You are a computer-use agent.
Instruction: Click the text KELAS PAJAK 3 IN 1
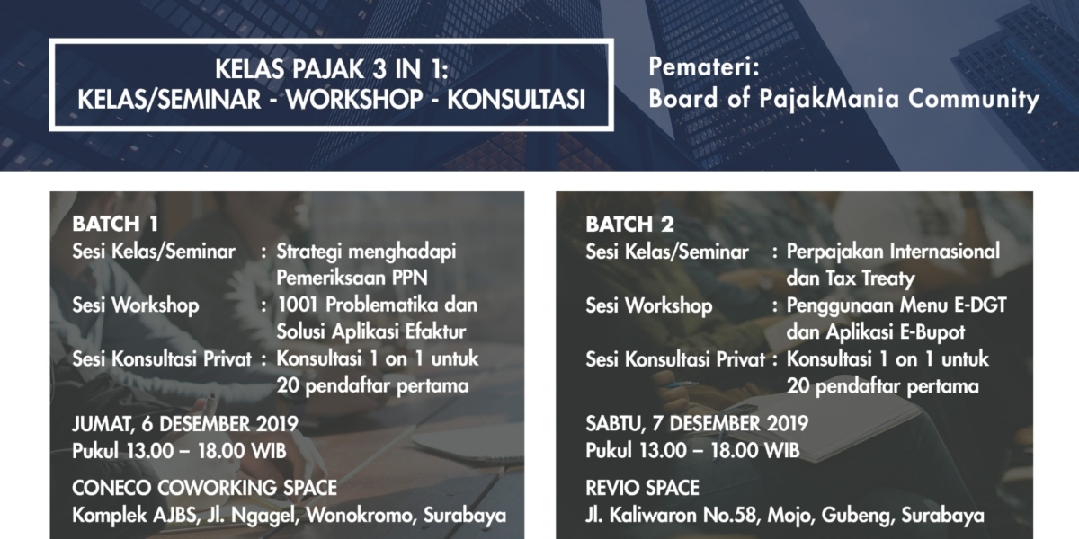pyautogui.click(x=332, y=68)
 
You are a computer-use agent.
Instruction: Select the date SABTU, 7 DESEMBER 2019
pyautogui.click(x=697, y=423)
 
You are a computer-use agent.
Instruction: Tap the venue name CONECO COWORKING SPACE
pyautogui.click(x=204, y=489)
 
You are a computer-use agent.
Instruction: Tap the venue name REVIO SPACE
pyautogui.click(x=642, y=489)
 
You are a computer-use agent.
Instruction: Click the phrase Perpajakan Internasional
pyautogui.click(x=893, y=252)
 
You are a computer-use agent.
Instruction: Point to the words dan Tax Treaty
pyautogui.click(x=850, y=278)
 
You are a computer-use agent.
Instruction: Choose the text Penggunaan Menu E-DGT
pyautogui.click(x=896, y=305)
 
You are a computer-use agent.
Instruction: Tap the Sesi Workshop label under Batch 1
pyautogui.click(x=136, y=305)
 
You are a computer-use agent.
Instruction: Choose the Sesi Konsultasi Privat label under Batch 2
pyautogui.click(x=675, y=359)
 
